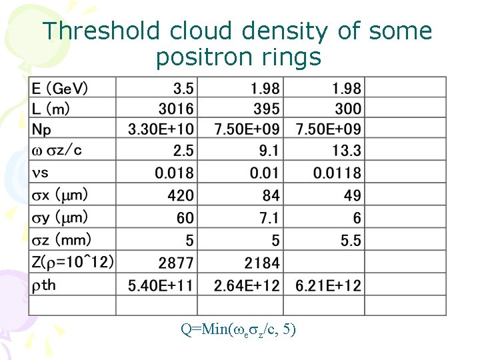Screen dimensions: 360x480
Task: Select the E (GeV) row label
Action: point(60,88)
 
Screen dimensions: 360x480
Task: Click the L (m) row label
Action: point(51,108)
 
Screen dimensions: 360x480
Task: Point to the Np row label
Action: point(41,129)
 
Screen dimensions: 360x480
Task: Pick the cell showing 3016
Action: point(176,108)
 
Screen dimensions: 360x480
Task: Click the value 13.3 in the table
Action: point(347,150)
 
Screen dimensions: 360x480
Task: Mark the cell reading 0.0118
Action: point(337,173)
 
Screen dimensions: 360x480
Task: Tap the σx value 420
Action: point(181,195)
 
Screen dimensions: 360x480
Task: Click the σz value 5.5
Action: point(351,240)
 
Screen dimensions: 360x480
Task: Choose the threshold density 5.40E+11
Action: point(161,286)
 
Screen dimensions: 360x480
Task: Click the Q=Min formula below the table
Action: point(238,329)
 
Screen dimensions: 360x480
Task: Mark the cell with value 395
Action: point(267,108)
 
